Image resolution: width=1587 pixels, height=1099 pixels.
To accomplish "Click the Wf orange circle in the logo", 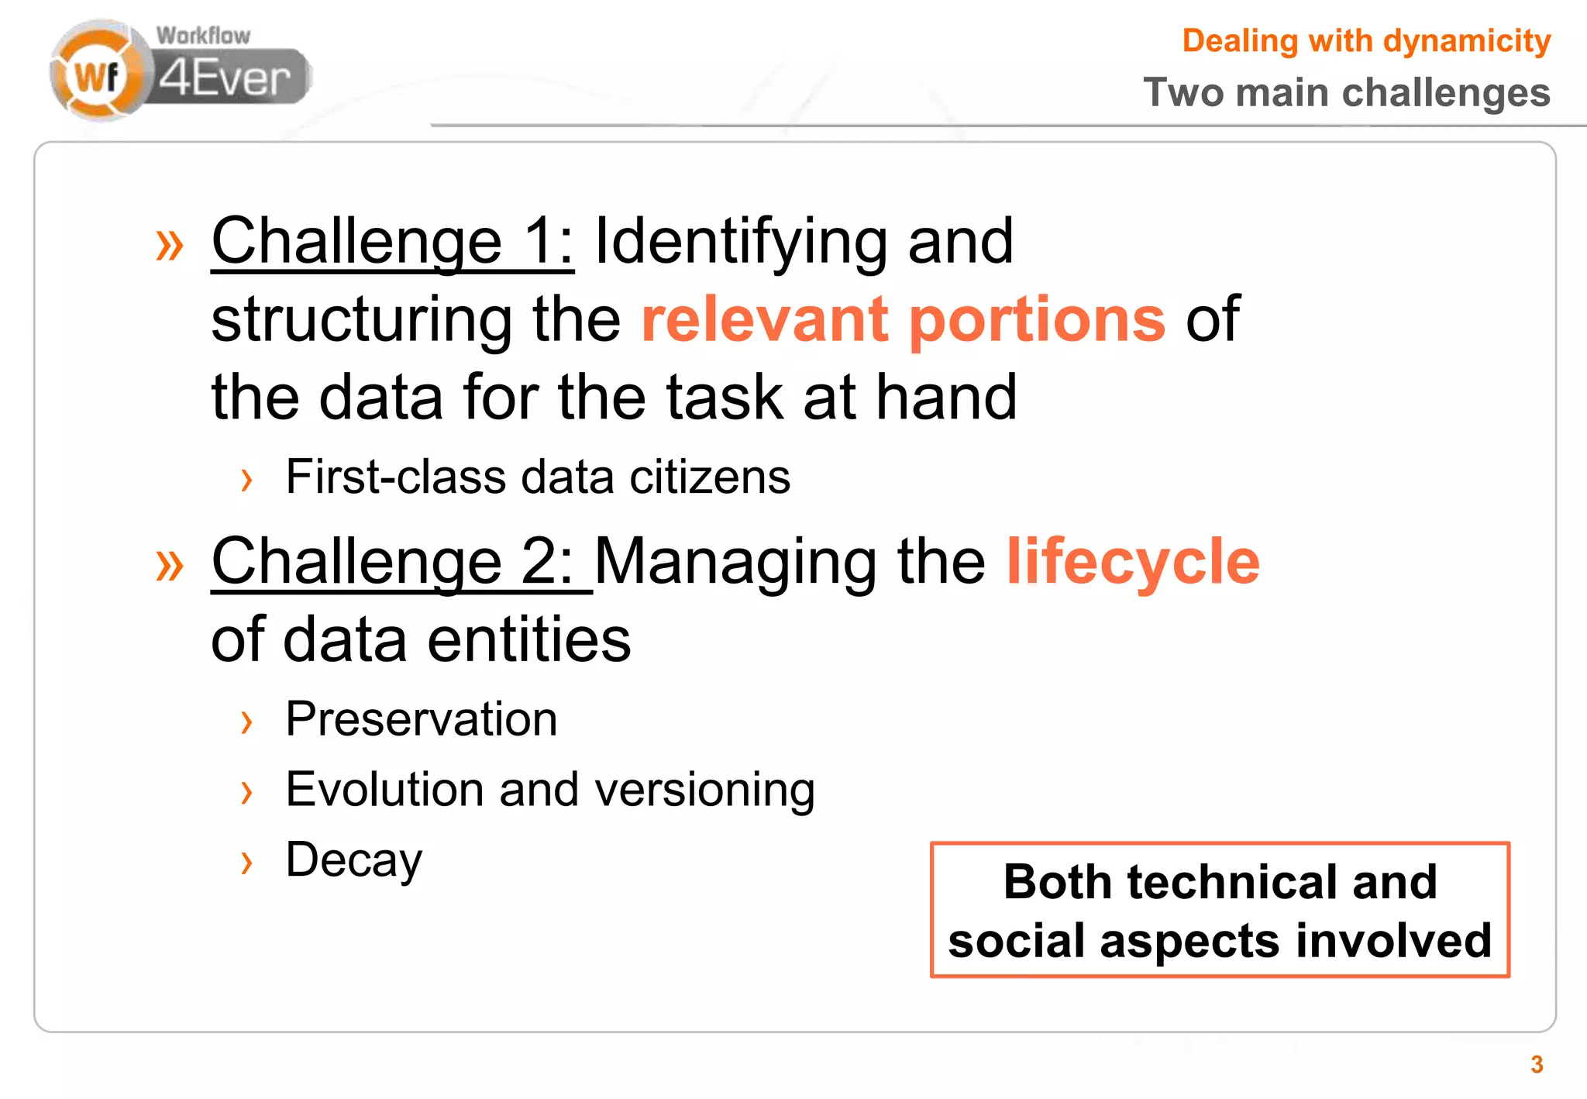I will (96, 76).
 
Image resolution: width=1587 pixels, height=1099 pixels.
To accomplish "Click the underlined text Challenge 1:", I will (392, 242).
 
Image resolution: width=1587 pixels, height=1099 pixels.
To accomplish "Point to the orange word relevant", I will (764, 319).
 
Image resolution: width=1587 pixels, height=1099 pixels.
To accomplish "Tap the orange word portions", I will (1037, 319).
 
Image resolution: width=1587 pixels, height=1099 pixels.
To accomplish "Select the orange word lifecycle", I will (1133, 562).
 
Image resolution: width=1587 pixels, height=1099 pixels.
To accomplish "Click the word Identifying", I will (740, 242).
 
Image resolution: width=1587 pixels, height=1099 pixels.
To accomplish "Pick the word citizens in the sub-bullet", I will (709, 477).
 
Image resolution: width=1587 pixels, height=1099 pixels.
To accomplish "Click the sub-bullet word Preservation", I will (421, 719).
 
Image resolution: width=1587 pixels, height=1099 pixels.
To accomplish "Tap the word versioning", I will (704, 790).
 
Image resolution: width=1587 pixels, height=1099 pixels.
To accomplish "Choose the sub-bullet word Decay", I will (353, 860).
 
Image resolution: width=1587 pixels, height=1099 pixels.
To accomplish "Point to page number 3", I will (1537, 1065).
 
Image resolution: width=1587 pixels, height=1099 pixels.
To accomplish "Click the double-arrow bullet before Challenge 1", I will (170, 245).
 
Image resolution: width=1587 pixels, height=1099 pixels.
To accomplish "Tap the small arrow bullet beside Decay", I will (246, 863).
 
